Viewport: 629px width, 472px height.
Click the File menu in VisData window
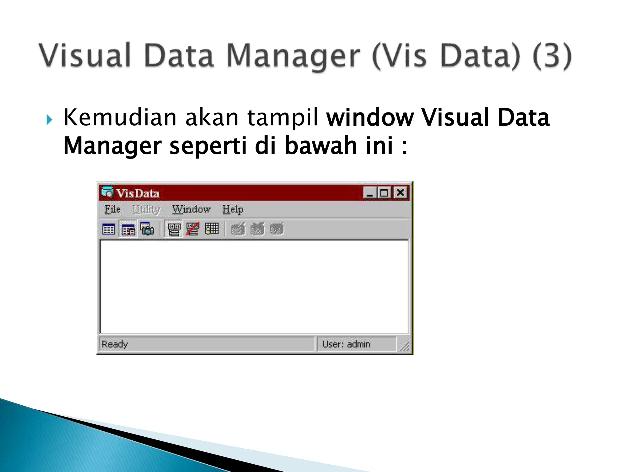[112, 209]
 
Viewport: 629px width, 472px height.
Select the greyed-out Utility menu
[146, 210]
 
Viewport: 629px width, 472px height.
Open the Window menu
[191, 209]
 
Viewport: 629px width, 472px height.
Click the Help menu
[233, 210]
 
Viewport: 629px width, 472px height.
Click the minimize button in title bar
[369, 193]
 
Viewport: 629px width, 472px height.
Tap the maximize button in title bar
[384, 193]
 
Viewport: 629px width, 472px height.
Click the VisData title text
[138, 193]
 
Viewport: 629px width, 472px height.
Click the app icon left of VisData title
[107, 192]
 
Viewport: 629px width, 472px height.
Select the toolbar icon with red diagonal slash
[193, 229]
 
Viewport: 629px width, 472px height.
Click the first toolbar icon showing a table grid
[108, 229]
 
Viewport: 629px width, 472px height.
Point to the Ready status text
[115, 344]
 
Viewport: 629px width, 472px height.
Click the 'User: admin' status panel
[346, 344]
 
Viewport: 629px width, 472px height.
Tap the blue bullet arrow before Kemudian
[49, 120]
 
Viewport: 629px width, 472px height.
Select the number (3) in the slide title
[552, 56]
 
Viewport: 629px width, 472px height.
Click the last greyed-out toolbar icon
[277, 229]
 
